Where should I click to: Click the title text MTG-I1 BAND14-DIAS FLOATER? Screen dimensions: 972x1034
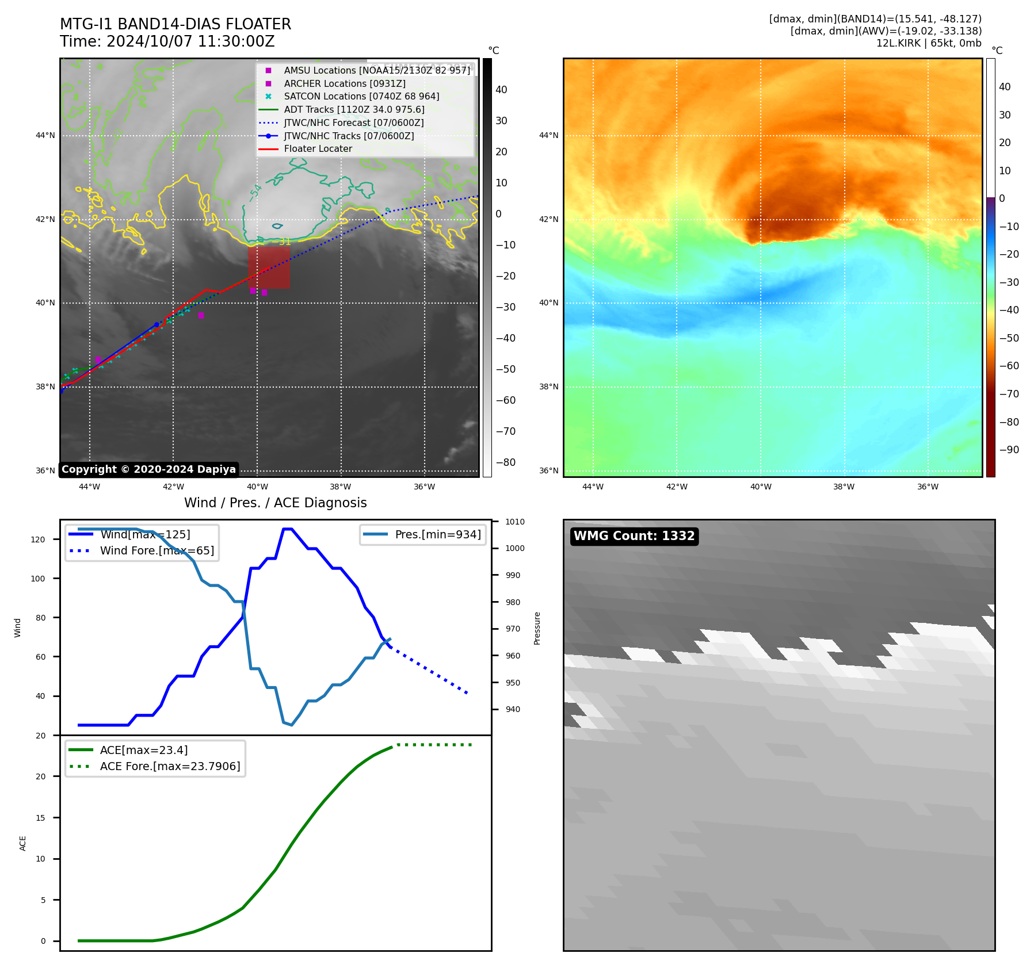coord(175,24)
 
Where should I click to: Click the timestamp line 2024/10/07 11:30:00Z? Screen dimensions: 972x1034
coord(190,42)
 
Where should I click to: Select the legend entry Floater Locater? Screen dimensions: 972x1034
coord(318,149)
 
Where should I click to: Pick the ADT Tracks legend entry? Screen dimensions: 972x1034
coord(354,110)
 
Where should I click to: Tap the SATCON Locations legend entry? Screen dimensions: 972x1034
coord(361,97)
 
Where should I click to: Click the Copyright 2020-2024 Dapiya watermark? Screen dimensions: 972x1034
coord(148,469)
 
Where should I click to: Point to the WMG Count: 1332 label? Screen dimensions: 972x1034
coord(634,536)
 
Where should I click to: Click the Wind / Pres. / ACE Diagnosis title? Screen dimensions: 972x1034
coord(275,503)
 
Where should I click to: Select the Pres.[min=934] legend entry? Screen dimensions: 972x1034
coord(437,534)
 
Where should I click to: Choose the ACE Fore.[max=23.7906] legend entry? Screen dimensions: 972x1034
coord(170,766)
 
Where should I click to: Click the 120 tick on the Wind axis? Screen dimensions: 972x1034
coord(38,539)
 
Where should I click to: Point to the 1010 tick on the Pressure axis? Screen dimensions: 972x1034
coord(515,522)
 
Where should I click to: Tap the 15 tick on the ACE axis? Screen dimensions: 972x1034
coord(40,818)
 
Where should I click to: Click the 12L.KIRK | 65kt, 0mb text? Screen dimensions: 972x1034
coord(929,43)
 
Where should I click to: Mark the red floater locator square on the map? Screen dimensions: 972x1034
coord(269,267)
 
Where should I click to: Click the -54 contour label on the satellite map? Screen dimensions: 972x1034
coord(255,192)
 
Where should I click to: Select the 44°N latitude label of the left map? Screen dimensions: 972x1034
coord(45,136)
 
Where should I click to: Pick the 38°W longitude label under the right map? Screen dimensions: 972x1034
coord(844,487)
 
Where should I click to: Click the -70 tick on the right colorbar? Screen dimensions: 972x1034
coord(1009,394)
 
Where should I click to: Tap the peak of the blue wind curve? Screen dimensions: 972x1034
coord(287,529)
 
